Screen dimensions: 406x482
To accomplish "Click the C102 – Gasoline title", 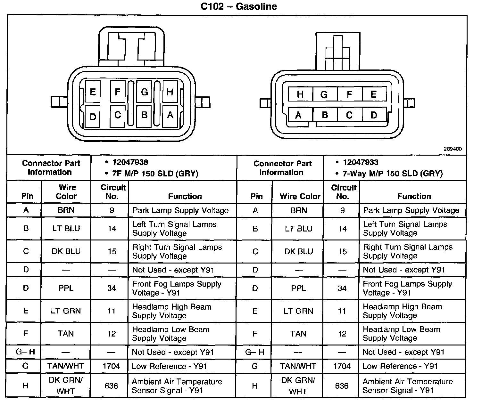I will pyautogui.click(x=238, y=7).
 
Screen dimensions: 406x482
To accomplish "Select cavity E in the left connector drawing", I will pyautogui.click(x=93, y=92).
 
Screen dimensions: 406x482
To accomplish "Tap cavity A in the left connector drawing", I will pyautogui.click(x=170, y=115).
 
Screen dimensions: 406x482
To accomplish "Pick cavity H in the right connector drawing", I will pyautogui.click(x=300, y=94).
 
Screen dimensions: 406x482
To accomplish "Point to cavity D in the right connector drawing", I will pyautogui.click(x=374, y=115).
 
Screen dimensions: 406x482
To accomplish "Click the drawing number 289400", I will pyautogui.click(x=453, y=149).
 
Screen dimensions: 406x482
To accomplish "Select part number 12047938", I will pyautogui.click(x=130, y=162).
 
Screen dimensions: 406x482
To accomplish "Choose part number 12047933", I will pyautogui.click(x=361, y=162).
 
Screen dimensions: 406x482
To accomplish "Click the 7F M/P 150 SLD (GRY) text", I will pyautogui.click(x=155, y=174).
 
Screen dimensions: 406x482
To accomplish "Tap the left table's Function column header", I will pyautogui.click(x=185, y=196).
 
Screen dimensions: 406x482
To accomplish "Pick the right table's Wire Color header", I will pyautogui.click(x=300, y=196).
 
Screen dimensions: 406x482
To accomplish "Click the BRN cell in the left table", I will pyautogui.click(x=66, y=210).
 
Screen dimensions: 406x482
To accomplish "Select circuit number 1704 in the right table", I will pyautogui.click(x=342, y=366).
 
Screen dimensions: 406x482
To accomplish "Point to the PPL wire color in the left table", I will pyautogui.click(x=66, y=288).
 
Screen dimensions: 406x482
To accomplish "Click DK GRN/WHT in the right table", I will pyautogui.click(x=298, y=386).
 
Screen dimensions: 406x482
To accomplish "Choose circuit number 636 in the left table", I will pyautogui.click(x=111, y=386).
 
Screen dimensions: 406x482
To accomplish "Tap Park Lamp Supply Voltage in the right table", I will pyautogui.click(x=411, y=210).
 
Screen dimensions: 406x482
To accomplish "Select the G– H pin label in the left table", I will pyautogui.click(x=25, y=352).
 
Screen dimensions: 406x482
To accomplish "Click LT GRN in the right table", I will pyautogui.click(x=298, y=311).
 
